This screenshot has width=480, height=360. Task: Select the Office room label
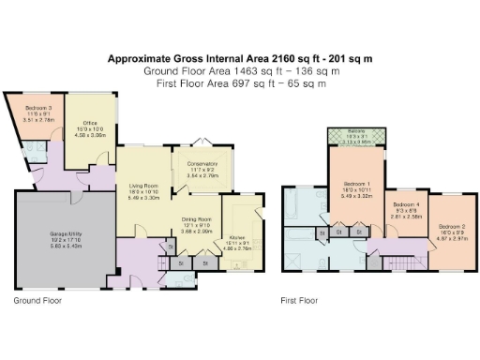[x=91, y=122]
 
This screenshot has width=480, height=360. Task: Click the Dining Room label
[x=197, y=221]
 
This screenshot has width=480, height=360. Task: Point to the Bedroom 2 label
[x=452, y=226]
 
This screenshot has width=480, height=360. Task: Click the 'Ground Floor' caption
[x=38, y=302]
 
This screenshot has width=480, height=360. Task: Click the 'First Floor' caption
[x=299, y=302]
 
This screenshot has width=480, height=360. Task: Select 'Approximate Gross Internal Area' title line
[x=240, y=58]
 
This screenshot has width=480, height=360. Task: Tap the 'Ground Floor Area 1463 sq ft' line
[x=240, y=71]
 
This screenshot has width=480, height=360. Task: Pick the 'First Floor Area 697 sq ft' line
[x=240, y=84]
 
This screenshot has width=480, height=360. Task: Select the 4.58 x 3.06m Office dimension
[x=91, y=135]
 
